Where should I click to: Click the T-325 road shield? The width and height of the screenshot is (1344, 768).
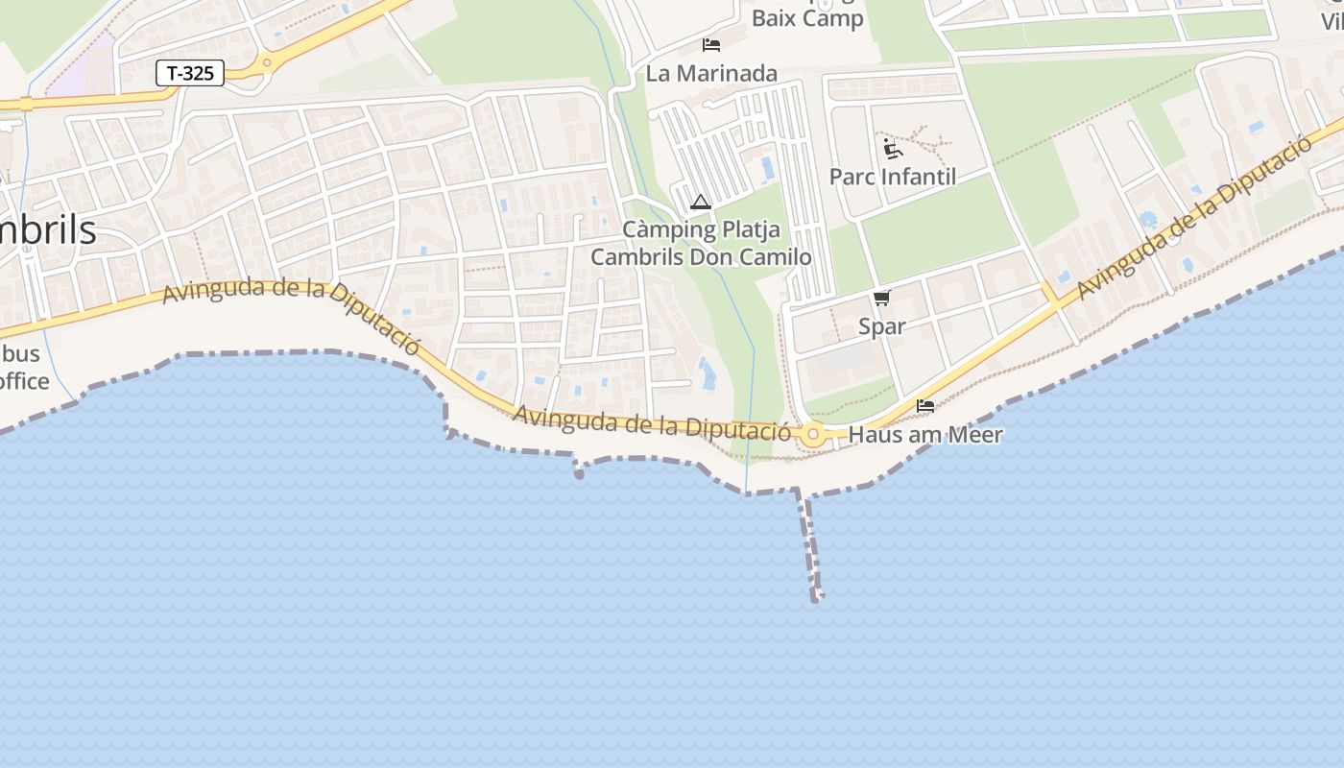pos(190,73)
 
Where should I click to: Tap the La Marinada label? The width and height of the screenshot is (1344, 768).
pos(711,73)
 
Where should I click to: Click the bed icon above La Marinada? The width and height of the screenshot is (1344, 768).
pos(711,45)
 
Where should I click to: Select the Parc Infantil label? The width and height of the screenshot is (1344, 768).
pos(893,177)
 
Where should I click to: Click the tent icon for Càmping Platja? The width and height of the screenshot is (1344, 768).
pos(700,203)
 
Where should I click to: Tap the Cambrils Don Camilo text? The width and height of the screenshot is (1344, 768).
pos(701,257)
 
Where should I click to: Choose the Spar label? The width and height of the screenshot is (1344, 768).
pos(881,326)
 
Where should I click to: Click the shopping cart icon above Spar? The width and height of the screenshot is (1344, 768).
pos(881,299)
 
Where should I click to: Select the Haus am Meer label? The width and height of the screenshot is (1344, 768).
pos(925,435)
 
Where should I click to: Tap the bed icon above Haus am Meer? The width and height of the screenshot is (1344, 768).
pos(925,406)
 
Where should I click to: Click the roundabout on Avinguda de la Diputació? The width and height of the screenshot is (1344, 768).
pos(814,435)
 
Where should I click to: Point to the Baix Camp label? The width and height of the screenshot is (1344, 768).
pos(807,18)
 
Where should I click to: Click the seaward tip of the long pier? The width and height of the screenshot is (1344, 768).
pos(816,598)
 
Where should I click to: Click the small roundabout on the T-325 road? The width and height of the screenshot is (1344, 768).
pos(267,63)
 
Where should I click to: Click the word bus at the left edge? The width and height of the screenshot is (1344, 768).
pos(21,353)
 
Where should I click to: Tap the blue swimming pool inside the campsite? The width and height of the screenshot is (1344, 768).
pos(767,169)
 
